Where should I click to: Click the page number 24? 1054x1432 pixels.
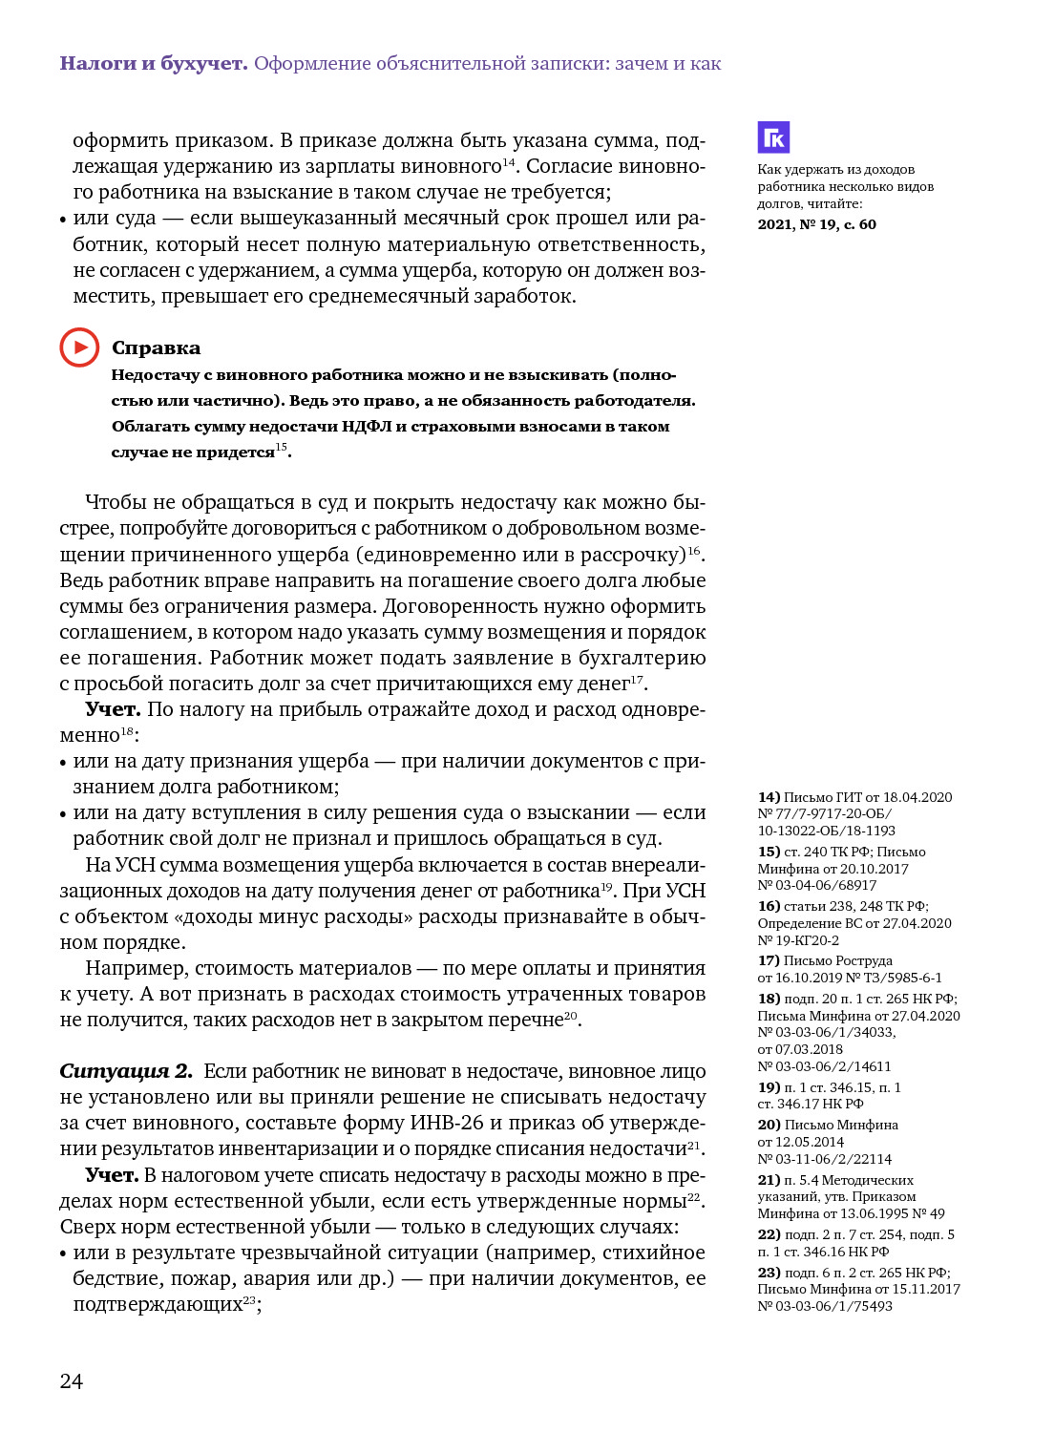point(72,1380)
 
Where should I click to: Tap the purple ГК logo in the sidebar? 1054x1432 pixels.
point(773,137)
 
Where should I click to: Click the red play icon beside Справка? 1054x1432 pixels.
point(79,347)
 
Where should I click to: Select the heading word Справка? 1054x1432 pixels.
point(156,347)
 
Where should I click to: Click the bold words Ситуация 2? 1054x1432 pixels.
point(126,1071)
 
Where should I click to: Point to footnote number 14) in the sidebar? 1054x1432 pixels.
point(769,797)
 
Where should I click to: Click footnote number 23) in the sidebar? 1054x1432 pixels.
point(769,1273)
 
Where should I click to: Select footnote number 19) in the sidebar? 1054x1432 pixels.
point(769,1087)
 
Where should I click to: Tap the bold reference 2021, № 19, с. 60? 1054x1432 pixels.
point(816,224)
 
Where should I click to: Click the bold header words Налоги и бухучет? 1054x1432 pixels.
point(154,63)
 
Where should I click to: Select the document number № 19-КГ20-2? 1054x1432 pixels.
point(798,940)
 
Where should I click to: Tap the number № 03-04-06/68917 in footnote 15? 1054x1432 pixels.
point(817,885)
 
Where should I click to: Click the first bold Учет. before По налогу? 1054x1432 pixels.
point(113,709)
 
